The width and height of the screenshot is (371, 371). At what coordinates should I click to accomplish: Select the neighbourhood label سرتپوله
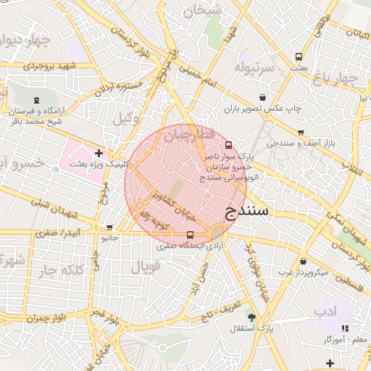254,67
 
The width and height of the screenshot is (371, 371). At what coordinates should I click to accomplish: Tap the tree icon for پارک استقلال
251,317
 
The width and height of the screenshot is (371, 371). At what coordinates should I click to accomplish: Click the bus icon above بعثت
299,57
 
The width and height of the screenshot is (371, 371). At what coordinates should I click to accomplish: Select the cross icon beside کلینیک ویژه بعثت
99,153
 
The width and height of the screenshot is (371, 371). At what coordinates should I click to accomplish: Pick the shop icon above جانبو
109,228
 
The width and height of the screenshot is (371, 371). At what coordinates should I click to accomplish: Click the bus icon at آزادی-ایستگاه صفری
190,235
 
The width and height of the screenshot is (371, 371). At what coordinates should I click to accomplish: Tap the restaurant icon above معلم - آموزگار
344,328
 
